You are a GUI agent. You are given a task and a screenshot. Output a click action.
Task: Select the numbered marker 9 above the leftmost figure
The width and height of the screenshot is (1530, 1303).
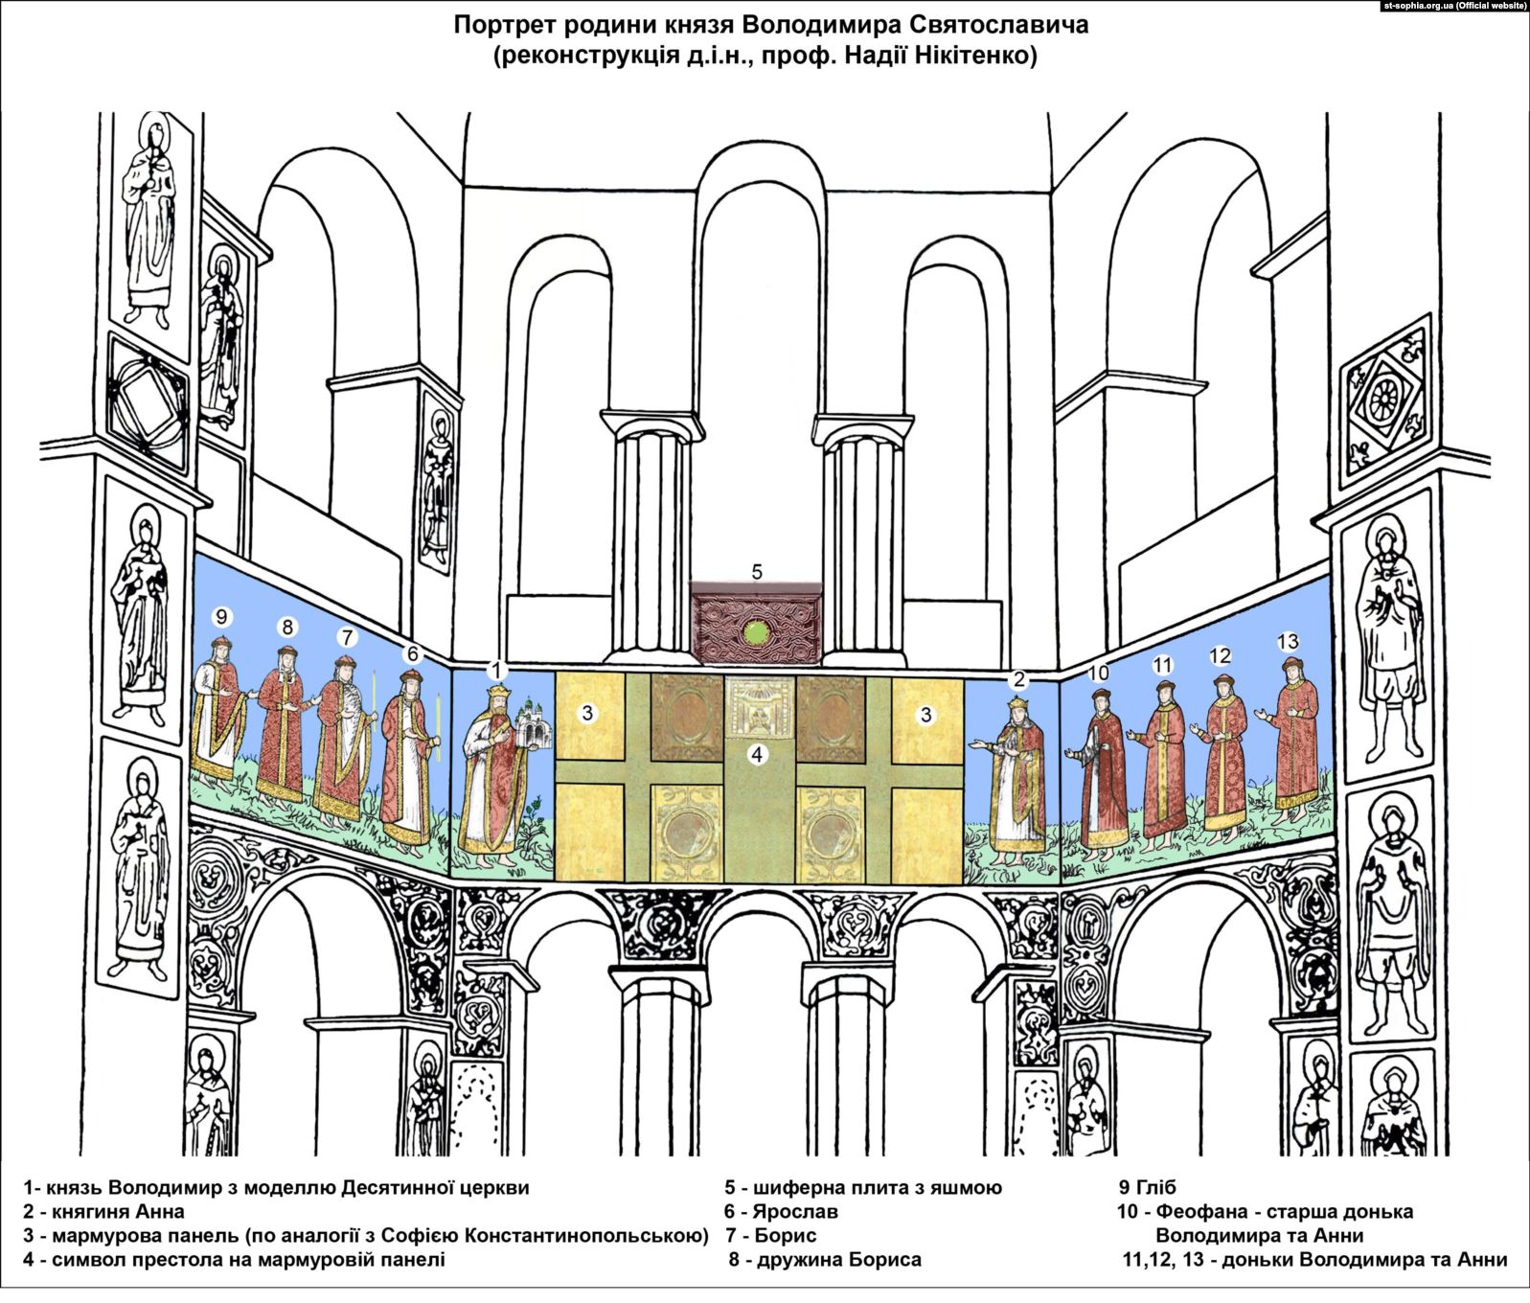(222, 616)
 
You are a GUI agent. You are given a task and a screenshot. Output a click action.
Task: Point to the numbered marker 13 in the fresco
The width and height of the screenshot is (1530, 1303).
(1288, 641)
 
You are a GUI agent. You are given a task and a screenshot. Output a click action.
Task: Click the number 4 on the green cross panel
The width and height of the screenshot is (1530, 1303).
(757, 754)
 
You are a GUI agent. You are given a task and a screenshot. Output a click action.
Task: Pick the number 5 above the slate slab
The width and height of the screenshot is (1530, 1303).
(757, 572)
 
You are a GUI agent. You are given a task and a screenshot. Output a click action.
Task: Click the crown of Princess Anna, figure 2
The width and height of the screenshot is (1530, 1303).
(1016, 704)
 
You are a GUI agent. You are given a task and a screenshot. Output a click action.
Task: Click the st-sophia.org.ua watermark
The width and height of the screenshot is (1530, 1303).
(1454, 6)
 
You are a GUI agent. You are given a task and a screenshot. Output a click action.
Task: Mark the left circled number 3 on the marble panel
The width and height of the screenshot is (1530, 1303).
(588, 714)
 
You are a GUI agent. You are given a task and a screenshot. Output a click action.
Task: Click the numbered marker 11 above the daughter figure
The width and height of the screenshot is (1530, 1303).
(1162, 665)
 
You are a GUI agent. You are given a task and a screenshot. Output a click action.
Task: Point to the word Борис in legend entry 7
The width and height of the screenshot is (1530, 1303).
(786, 1236)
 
